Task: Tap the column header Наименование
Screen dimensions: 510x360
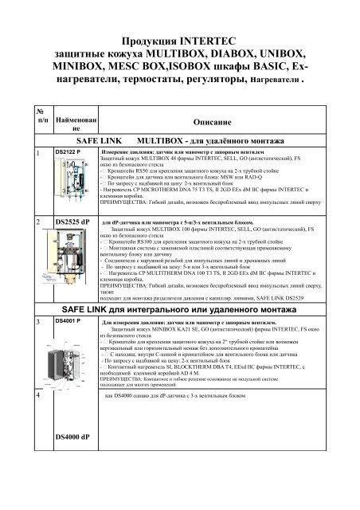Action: point(74,122)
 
